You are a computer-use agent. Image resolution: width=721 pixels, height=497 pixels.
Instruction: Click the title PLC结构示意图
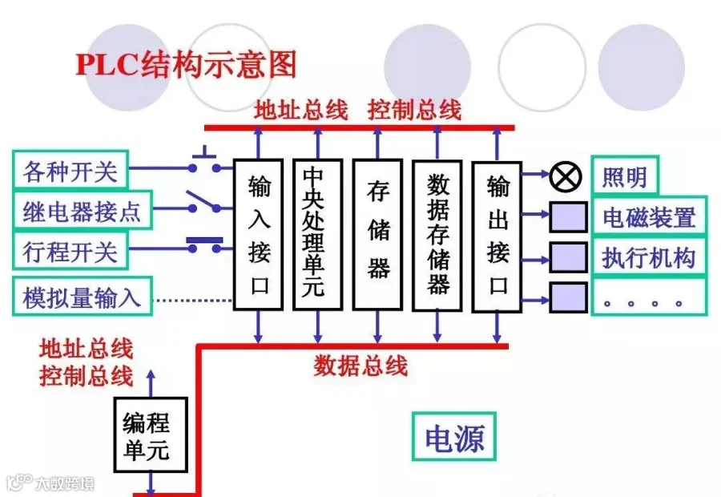[x=186, y=63]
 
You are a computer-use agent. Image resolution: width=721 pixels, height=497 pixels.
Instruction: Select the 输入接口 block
[x=258, y=234]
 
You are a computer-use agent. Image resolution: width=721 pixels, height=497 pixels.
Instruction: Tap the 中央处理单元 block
[x=317, y=234]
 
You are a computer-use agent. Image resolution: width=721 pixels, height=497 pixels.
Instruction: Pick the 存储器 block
[x=377, y=234]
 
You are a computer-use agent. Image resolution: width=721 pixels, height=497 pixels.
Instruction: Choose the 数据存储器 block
[x=437, y=234]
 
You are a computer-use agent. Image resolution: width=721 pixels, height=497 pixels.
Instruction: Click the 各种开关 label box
[x=70, y=171]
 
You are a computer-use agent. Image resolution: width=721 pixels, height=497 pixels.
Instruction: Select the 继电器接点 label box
[x=82, y=212]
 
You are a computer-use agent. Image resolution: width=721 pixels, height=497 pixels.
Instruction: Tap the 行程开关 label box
[x=70, y=253]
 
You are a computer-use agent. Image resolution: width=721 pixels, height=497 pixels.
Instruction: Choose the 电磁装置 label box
[x=649, y=217]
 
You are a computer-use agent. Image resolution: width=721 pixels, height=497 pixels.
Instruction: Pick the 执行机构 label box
[x=649, y=258]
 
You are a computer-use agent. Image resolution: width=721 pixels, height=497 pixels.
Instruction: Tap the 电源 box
[x=454, y=438]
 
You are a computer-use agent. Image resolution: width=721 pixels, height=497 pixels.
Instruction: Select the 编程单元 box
[x=150, y=434]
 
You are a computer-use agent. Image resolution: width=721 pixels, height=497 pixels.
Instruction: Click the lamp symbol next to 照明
[x=566, y=176]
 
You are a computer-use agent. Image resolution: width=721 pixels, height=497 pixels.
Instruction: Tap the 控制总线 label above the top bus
[x=415, y=110]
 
